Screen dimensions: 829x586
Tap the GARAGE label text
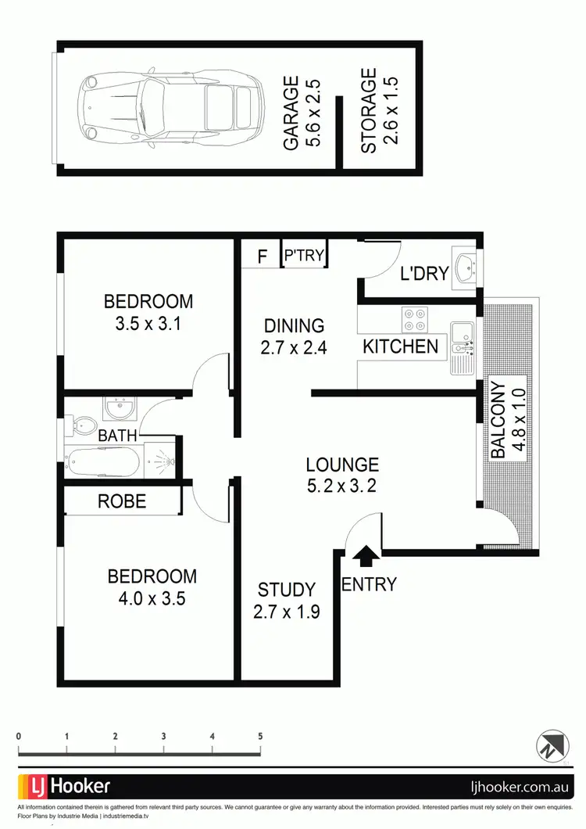(290, 113)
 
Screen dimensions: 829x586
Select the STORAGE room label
(369, 110)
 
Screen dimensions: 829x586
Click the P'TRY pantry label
(304, 255)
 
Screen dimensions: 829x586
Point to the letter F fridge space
(263, 256)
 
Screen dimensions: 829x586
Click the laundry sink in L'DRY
(466, 269)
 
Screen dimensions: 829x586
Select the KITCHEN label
(400, 346)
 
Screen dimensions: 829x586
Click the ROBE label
(122, 501)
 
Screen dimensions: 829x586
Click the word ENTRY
(369, 584)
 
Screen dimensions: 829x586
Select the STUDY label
(286, 590)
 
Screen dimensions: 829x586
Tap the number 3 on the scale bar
(164, 737)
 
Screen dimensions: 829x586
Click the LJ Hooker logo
(65, 786)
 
